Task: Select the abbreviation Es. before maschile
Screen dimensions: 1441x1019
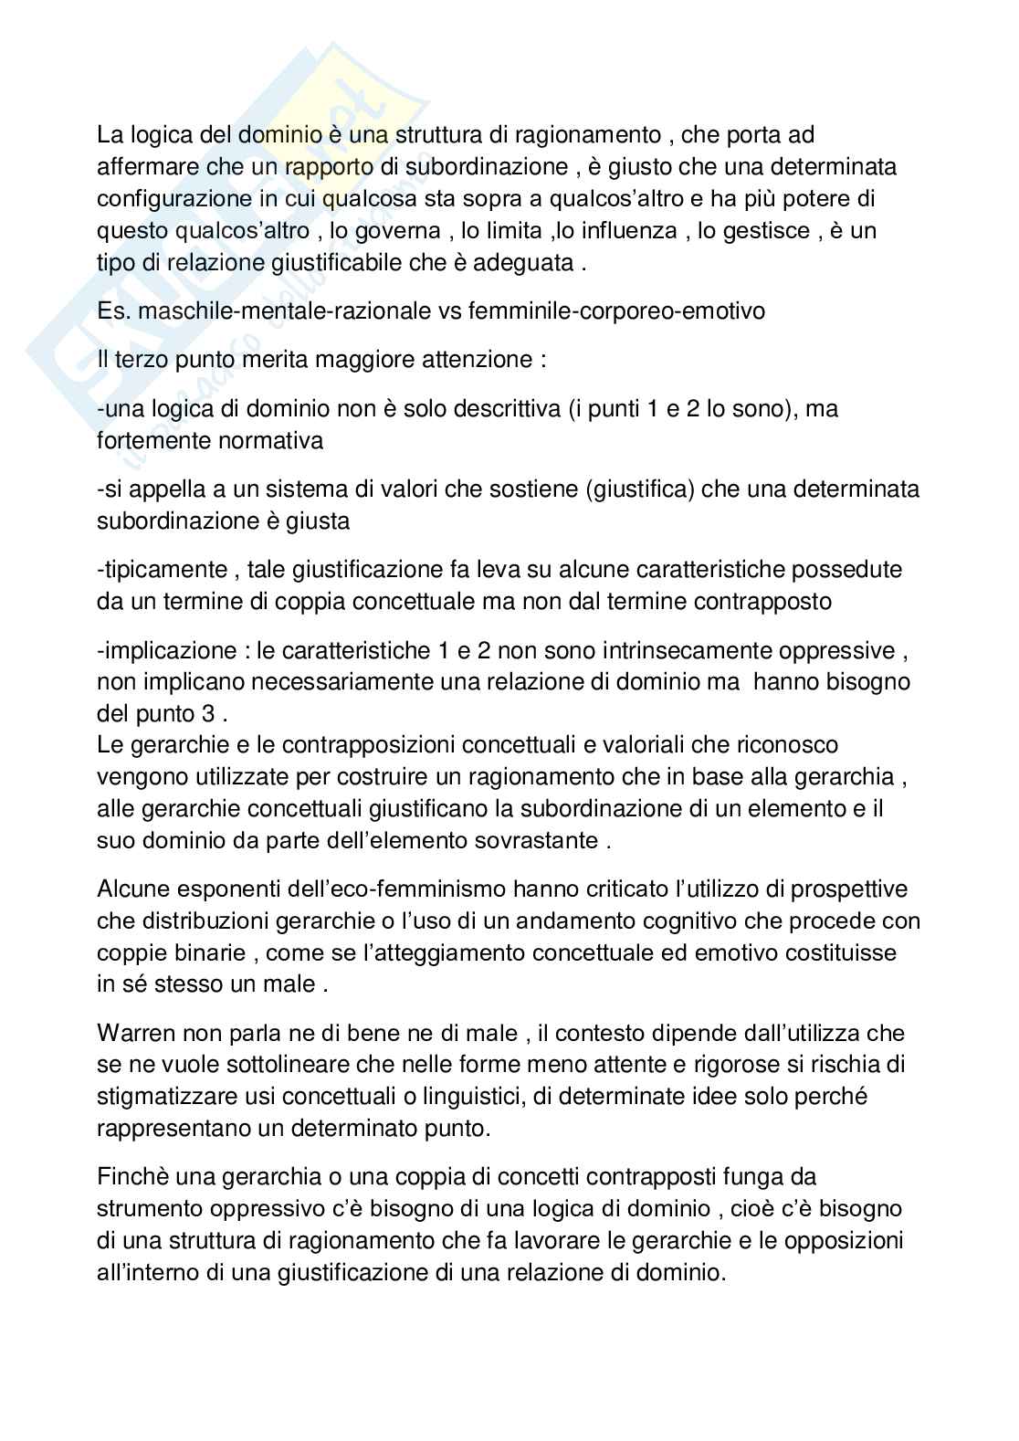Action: [x=113, y=311]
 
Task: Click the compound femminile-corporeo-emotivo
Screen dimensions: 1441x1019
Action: [x=616, y=311]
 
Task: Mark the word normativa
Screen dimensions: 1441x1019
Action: [x=270, y=441]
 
